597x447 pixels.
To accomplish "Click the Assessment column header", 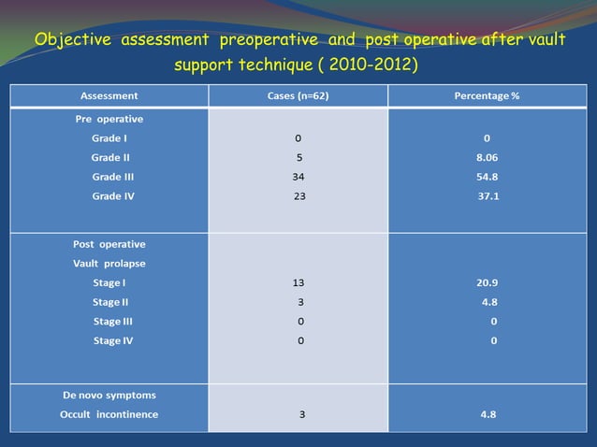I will tap(109, 96).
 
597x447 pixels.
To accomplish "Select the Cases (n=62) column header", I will tap(298, 96).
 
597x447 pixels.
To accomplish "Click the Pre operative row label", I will tap(109, 120).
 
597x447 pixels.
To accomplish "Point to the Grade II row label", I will tap(110, 157).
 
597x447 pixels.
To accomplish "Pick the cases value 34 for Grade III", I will tap(298, 177).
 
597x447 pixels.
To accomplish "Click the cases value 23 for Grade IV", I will tap(299, 196).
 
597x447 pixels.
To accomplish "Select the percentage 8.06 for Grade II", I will tap(488, 158).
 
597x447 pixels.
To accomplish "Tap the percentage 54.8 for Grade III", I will tap(488, 177).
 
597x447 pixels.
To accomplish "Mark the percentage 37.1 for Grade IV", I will tap(488, 196).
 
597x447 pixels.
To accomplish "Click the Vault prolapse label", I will tap(109, 263).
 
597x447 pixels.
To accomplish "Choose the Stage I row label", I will tap(109, 282).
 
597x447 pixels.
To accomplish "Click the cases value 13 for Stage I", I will tap(298, 282).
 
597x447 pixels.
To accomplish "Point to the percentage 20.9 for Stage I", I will tap(488, 282).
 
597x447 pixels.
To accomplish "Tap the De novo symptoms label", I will tap(109, 396).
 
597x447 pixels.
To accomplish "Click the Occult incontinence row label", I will tap(109, 414).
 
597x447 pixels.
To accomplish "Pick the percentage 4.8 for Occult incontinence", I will tap(488, 414).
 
